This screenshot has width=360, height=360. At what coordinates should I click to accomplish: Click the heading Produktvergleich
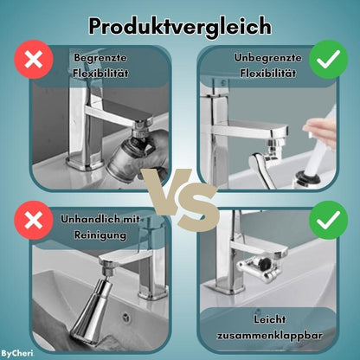(180, 25)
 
